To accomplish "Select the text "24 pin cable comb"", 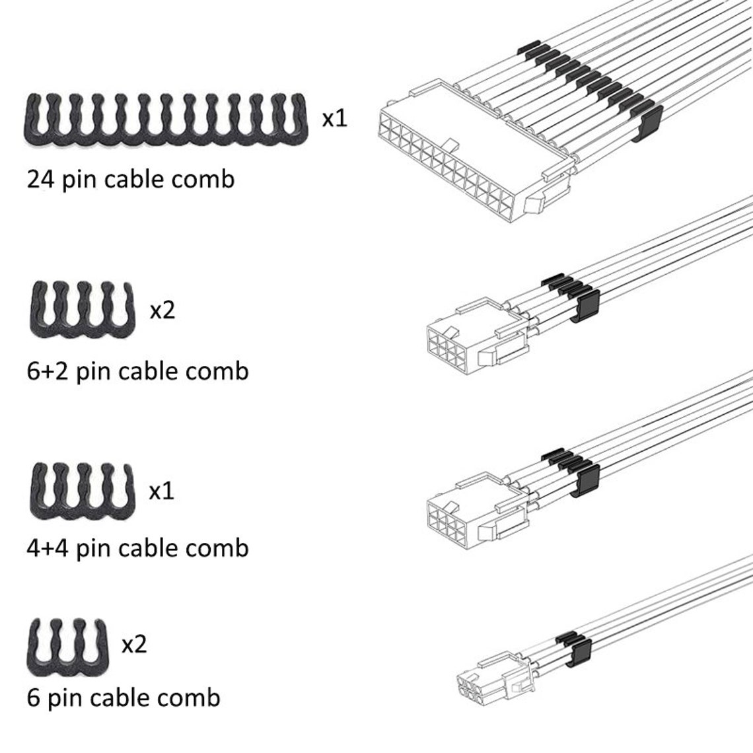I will (x=131, y=179).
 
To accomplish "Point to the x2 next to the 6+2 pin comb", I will (x=162, y=309).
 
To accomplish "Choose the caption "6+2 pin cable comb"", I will (x=137, y=371).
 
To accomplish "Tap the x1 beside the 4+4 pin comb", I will (x=162, y=491).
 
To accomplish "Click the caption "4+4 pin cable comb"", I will (x=137, y=548).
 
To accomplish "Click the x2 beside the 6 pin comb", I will (x=134, y=643).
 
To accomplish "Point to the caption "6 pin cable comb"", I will (x=124, y=698).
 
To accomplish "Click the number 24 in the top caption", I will (x=41, y=178).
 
